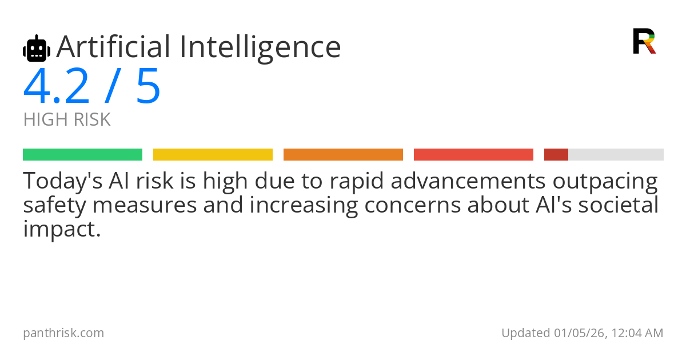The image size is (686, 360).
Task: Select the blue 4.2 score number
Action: point(57,87)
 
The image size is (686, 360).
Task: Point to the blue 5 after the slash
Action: point(148,87)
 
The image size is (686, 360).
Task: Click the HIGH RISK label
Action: point(67,120)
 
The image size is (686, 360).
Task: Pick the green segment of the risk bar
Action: point(82,155)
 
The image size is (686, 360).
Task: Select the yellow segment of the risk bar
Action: point(213,155)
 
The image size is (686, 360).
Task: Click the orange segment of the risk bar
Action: point(343,155)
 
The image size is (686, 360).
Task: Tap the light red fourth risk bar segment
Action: point(473,155)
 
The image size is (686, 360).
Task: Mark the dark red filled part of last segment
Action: point(556,155)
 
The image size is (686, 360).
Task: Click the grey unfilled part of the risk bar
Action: point(616,155)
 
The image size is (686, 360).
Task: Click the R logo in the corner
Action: point(644,41)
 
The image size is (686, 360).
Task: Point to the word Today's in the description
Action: point(61,182)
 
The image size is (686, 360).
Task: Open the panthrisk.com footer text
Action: point(63,333)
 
